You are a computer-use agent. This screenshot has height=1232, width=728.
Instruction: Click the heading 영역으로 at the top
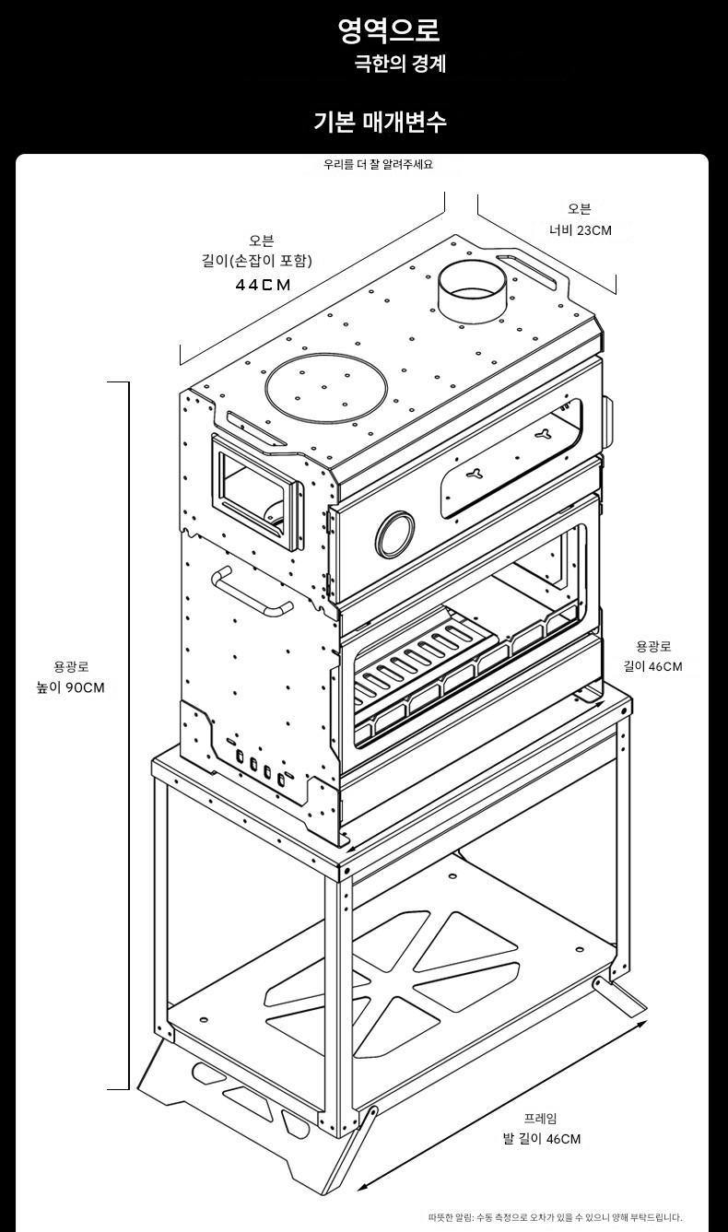(x=388, y=30)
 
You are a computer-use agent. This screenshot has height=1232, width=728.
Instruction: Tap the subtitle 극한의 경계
(x=400, y=64)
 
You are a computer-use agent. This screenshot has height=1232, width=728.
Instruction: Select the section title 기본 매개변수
(x=380, y=121)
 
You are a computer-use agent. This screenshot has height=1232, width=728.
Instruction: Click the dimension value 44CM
(x=263, y=285)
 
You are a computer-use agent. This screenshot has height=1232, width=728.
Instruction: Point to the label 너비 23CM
(x=580, y=230)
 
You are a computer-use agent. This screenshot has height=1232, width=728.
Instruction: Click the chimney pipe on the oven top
(x=472, y=294)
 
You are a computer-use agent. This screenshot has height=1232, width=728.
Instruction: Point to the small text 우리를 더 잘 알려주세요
(x=378, y=165)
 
